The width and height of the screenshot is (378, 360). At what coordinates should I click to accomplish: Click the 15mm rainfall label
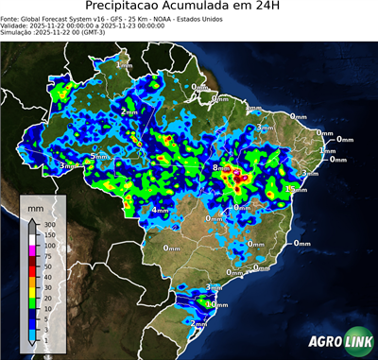pos(296,190)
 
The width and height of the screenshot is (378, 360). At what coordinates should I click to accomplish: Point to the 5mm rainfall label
pos(99,156)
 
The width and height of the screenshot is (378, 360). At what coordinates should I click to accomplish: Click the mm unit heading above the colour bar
pos(36,206)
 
